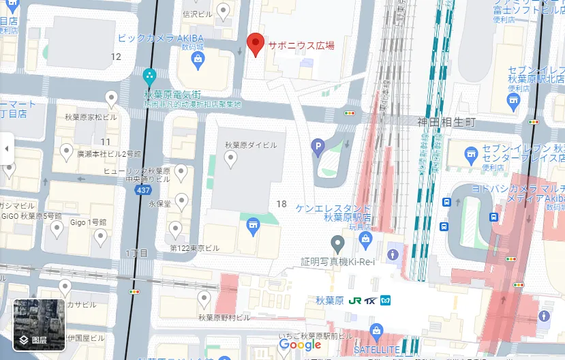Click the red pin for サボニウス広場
click(255, 44)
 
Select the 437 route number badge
click(143, 190)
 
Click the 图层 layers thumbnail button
click(40, 325)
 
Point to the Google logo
click(300, 345)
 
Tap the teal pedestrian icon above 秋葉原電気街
click(150, 76)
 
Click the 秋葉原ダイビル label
click(251, 145)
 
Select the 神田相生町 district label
click(445, 121)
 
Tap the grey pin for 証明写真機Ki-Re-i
click(337, 243)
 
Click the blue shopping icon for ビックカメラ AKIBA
click(198, 59)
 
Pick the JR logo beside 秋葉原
click(354, 300)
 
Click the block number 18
click(281, 204)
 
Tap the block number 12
click(116, 56)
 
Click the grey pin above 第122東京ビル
click(176, 229)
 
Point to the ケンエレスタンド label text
click(334, 208)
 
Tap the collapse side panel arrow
click(7, 148)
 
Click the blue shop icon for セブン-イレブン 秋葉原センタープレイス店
click(470, 156)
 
